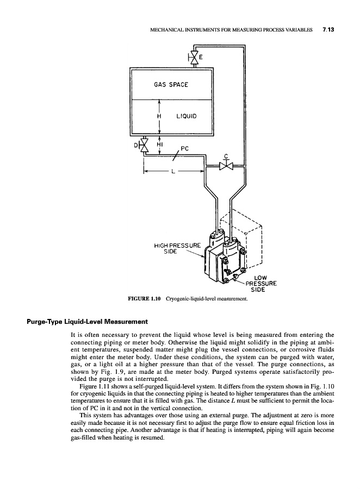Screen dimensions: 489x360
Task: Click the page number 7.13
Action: [x=327, y=30]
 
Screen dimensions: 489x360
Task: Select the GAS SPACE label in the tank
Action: [x=171, y=84]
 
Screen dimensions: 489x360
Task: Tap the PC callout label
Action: [x=184, y=146]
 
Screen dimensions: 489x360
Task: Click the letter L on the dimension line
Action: [x=173, y=172]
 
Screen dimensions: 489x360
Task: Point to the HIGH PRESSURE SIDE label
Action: [x=178, y=248]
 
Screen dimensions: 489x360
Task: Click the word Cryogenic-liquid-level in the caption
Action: [x=190, y=299]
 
